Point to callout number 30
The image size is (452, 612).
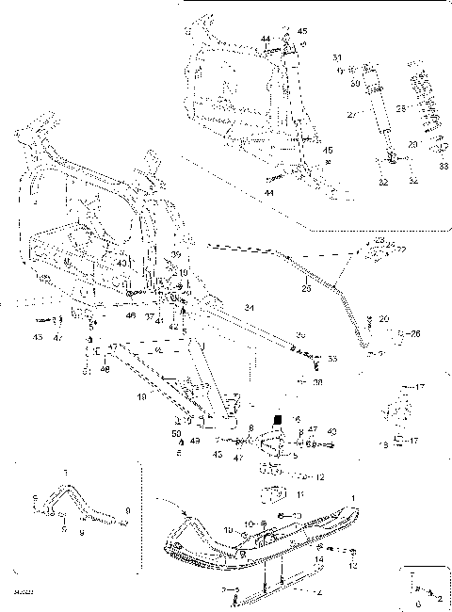[x=355, y=83]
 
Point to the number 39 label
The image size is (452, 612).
[x=176, y=255]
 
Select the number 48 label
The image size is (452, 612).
[x=105, y=372]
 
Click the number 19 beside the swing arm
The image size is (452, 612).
[x=142, y=398]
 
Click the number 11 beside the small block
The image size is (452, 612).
[x=299, y=494]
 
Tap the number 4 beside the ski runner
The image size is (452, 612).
[x=320, y=593]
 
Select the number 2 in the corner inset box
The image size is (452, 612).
[x=440, y=598]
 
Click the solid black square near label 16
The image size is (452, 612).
[x=278, y=419]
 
